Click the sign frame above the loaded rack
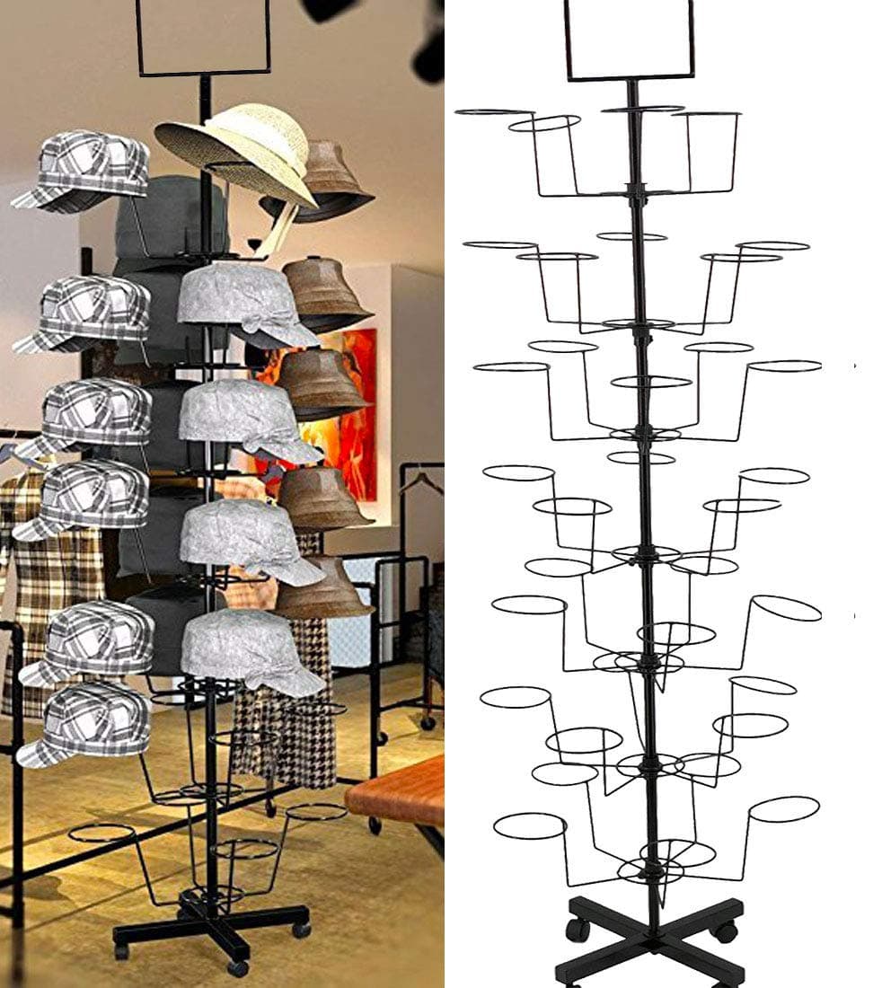tap(203, 36)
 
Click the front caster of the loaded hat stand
tap(236, 967)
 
